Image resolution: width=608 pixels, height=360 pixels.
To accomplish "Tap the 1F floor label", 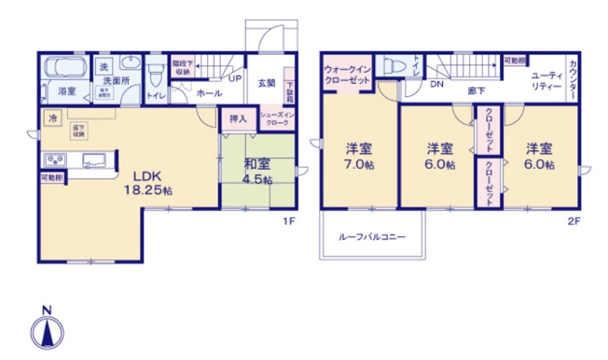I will pos(290,223).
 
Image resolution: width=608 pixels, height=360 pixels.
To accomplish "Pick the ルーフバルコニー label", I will pos(372,237).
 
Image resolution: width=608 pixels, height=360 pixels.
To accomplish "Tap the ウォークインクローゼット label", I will pos(347,74).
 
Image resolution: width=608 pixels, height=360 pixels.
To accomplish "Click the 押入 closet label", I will pos(238,118).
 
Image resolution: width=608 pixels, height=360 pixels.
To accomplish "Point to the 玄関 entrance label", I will pos(266,83).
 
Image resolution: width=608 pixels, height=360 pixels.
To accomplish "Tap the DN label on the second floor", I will pos(436,83).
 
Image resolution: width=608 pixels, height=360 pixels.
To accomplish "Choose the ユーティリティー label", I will pos(546,79).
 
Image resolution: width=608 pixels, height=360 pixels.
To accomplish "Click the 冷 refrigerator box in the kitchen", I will pos(52,118).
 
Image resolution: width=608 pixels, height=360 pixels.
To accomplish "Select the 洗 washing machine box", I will pos(104,67).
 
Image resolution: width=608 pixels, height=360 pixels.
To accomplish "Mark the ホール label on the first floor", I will pos(210,93).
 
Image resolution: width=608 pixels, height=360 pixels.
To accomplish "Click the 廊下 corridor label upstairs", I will pos(477,91).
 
